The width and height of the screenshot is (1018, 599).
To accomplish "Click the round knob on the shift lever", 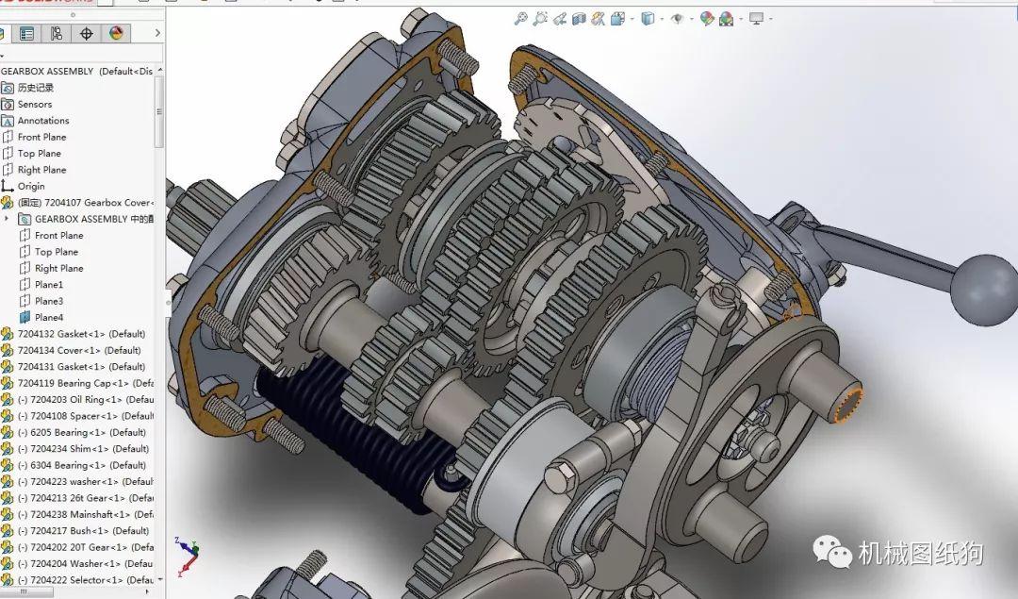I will tap(983, 289).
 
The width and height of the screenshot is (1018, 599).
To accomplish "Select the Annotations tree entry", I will tap(42, 121).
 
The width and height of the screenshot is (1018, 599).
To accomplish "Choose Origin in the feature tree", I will tap(30, 187).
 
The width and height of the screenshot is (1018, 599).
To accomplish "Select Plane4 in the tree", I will tap(48, 318).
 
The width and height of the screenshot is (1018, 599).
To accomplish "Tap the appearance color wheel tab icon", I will tap(117, 33).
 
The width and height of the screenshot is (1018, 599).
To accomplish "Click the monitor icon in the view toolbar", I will tap(756, 18).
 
